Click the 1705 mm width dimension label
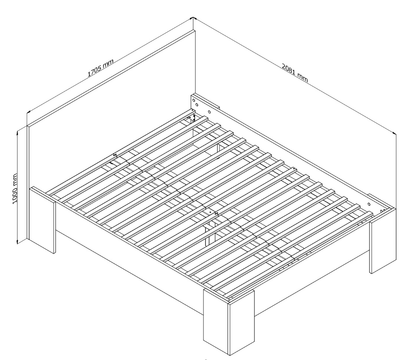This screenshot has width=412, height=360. (x=100, y=68)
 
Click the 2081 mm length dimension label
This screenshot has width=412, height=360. (x=295, y=73)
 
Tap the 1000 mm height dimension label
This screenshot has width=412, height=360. (x=14, y=188)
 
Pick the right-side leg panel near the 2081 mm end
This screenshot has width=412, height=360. (x=383, y=240)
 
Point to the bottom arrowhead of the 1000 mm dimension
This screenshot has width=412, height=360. (x=17, y=241)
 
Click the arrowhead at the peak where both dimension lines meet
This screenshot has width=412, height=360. (x=193, y=18)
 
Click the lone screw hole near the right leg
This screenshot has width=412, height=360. (x=369, y=204)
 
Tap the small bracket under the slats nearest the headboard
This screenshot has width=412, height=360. (x=192, y=118)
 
